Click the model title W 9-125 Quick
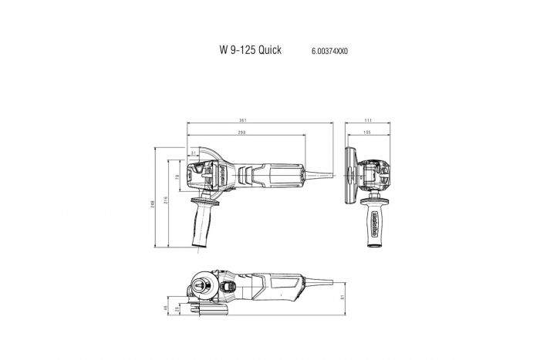click(250, 50)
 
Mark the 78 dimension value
click(177, 177)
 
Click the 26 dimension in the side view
click(177, 311)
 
